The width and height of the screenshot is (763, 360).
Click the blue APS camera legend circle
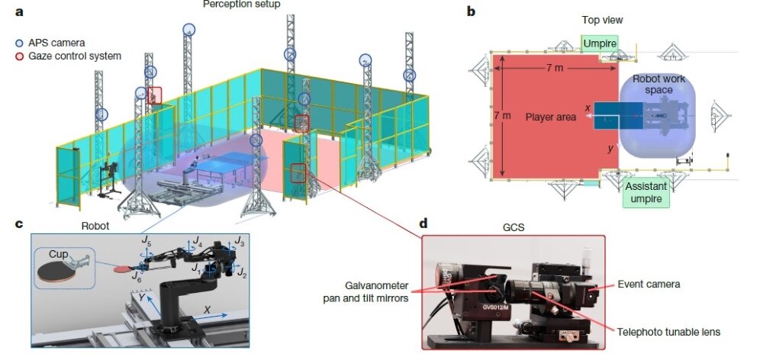[x=19, y=43]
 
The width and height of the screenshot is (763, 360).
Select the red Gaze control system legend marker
[x=19, y=56]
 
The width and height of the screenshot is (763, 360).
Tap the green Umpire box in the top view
[x=600, y=43]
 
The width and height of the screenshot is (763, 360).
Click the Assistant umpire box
[x=646, y=192]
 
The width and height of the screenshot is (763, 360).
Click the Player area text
[x=550, y=117]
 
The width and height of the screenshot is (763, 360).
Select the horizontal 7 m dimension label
[x=555, y=68]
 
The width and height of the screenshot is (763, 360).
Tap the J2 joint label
[x=242, y=274]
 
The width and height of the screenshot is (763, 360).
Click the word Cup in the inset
[x=57, y=255]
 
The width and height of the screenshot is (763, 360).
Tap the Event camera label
[x=649, y=284]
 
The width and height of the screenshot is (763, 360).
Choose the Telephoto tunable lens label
[x=668, y=333]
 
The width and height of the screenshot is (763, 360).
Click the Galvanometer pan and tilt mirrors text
[x=365, y=292]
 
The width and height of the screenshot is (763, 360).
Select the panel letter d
[x=423, y=223]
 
